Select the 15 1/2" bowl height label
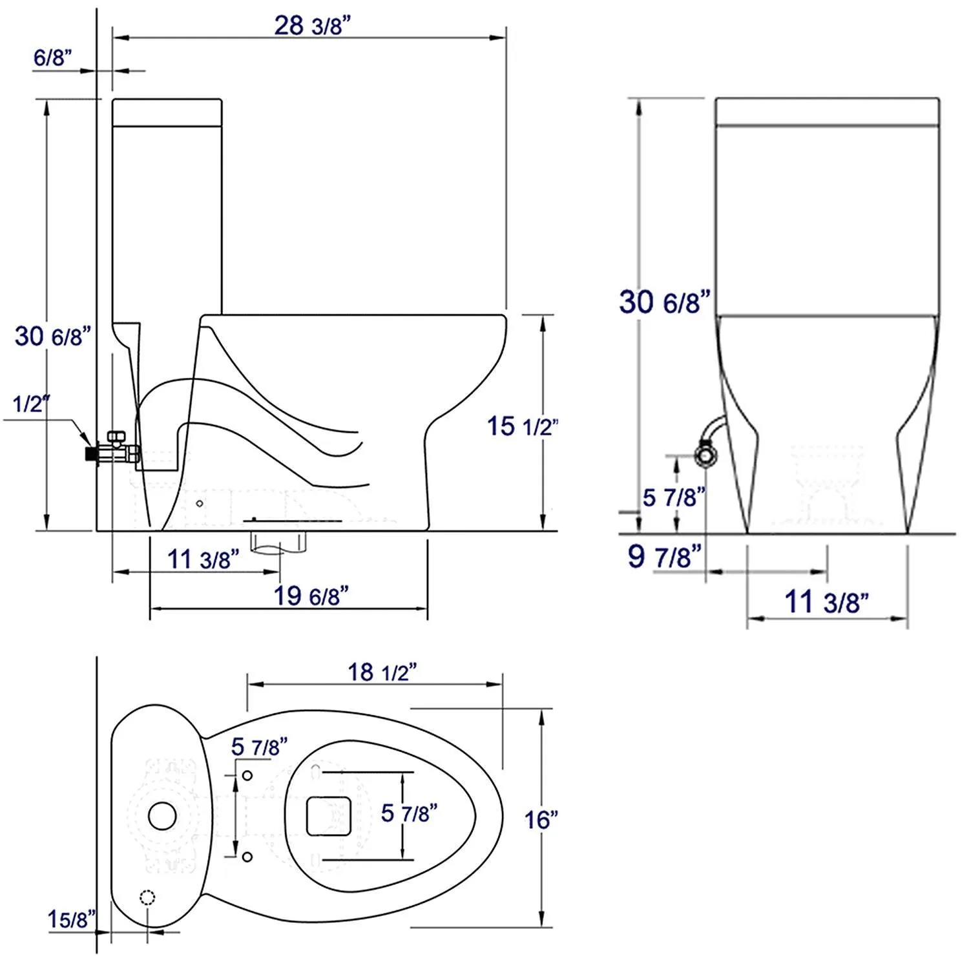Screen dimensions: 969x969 click(521, 426)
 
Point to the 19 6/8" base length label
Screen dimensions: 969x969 click(311, 596)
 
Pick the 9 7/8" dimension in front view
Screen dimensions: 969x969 click(664, 556)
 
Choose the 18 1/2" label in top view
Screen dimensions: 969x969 click(382, 672)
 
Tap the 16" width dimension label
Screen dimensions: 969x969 click(541, 820)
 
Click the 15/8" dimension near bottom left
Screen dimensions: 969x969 click(72, 919)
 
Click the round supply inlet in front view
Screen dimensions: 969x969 click(706, 455)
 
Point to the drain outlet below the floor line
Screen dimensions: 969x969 click(278, 541)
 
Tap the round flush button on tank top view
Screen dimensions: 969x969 click(162, 816)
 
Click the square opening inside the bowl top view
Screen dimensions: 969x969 click(328, 816)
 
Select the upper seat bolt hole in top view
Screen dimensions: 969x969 click(247, 775)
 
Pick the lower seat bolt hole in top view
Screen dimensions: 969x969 click(247, 857)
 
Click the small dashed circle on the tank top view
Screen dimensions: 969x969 click(147, 897)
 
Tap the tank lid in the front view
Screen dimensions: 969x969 click(827, 111)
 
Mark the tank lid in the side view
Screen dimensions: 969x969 click(167, 112)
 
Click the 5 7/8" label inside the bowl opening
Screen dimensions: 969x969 click(409, 813)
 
